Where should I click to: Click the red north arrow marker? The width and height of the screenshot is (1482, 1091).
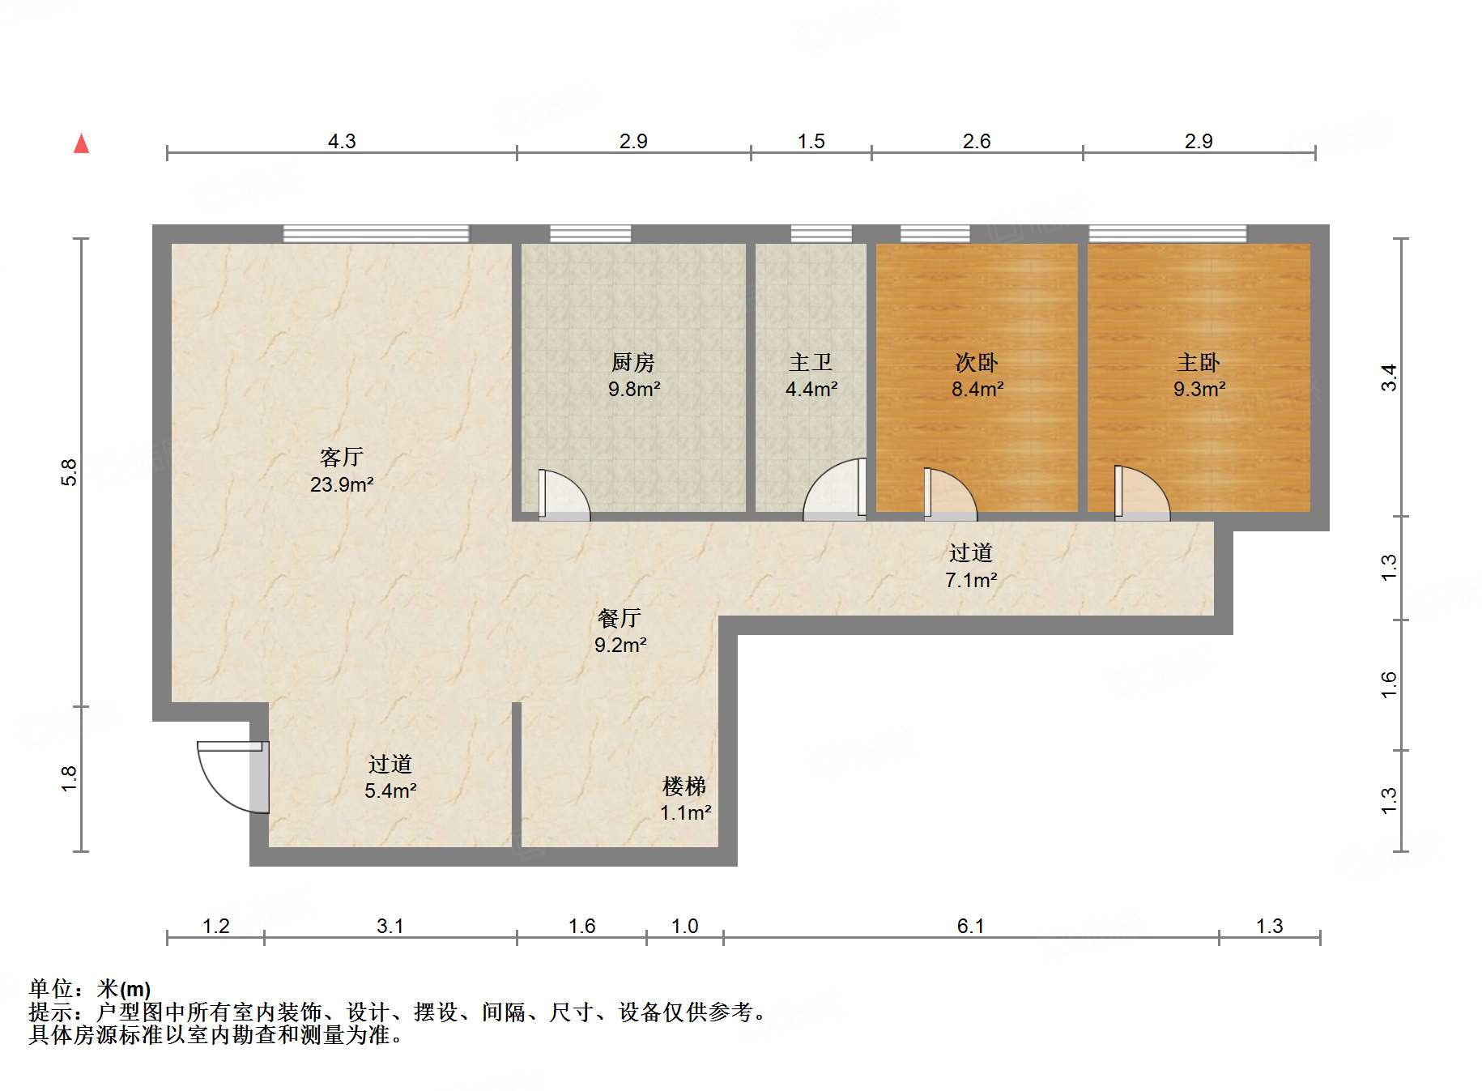(81, 143)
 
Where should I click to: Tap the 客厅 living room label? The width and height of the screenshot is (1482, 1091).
(341, 458)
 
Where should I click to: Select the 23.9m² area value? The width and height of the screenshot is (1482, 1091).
(341, 484)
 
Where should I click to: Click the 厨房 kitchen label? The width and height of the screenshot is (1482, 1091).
(632, 362)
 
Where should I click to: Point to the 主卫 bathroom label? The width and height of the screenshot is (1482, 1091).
(811, 362)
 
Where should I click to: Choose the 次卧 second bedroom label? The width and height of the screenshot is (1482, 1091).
(976, 362)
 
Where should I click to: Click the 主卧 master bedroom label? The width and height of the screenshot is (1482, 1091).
(1199, 362)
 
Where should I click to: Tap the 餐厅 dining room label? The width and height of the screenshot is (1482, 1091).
(620, 618)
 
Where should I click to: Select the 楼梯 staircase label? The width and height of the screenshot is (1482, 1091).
(684, 786)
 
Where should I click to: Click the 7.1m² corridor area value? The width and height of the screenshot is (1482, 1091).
(970, 580)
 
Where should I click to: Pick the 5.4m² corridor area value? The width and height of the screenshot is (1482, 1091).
(390, 791)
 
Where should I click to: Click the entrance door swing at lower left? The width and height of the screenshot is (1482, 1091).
(231, 778)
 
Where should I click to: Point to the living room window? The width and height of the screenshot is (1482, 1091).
(376, 233)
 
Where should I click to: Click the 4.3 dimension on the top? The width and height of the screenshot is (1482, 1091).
(341, 141)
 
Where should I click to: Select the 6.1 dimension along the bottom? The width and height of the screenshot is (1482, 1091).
(970, 926)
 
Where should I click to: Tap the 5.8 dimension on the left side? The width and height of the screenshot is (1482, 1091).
(70, 472)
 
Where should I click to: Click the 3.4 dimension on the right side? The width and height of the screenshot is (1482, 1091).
(1389, 377)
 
